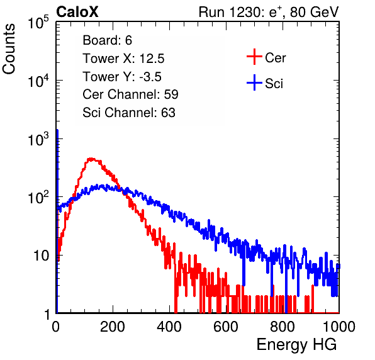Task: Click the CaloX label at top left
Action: pyautogui.click(x=77, y=12)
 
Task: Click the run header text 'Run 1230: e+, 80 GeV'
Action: pyautogui.click(x=269, y=12)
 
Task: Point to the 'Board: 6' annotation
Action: pyautogui.click(x=107, y=40)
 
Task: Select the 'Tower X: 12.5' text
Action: pyautogui.click(x=123, y=59)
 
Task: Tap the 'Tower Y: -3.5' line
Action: pyautogui.click(x=122, y=77)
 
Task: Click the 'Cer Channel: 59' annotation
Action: pyautogui.click(x=130, y=94)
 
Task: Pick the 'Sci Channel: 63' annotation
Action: pyautogui.click(x=129, y=113)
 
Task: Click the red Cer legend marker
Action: pyautogui.click(x=254, y=57)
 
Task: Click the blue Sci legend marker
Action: pyautogui.click(x=254, y=82)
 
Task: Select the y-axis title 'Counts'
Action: pyautogui.click(x=9, y=49)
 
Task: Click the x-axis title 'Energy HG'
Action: pyautogui.click(x=296, y=345)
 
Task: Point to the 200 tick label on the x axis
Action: pyautogui.click(x=113, y=327)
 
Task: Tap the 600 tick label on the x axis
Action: pyautogui.click(x=226, y=327)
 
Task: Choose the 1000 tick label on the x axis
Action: pyautogui.click(x=339, y=327)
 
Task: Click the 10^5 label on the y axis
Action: pyautogui.click(x=38, y=23)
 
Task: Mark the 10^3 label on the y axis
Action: pyautogui.click(x=38, y=139)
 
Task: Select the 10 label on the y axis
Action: pyautogui.click(x=42, y=256)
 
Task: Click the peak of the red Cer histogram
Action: pyautogui.click(x=91, y=159)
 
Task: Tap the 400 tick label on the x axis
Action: pyautogui.click(x=169, y=327)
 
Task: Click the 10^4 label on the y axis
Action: pyautogui.click(x=38, y=81)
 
